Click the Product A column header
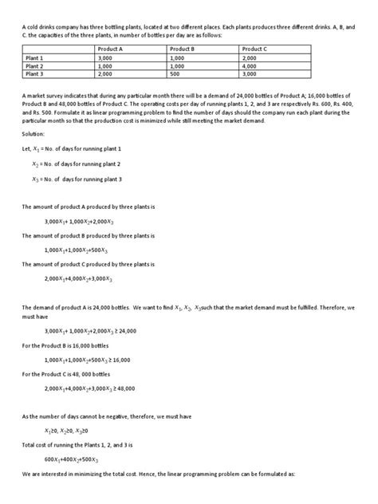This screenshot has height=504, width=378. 108,49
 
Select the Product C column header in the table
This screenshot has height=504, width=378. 256,49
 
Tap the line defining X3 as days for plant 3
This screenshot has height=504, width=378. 77,179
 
